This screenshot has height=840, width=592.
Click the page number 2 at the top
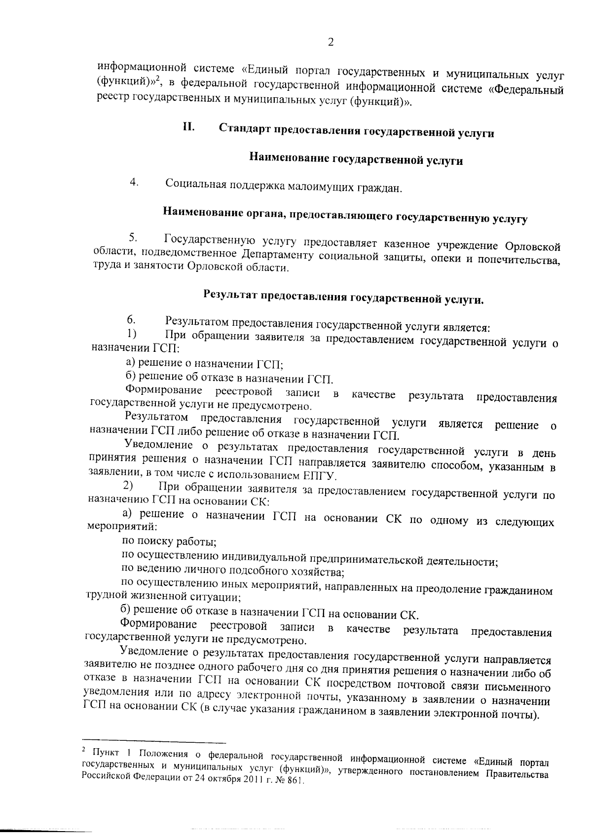pyautogui.click(x=331, y=42)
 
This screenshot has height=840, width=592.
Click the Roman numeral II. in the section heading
pyautogui.click(x=188, y=127)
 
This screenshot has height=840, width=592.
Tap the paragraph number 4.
pyautogui.click(x=133, y=183)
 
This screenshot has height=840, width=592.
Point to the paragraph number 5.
pyautogui.click(x=132, y=237)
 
